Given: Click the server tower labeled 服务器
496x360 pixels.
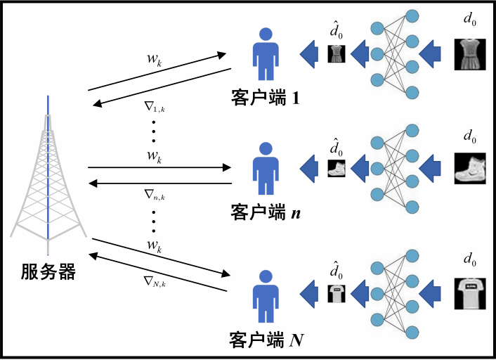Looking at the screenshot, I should click(x=48, y=176).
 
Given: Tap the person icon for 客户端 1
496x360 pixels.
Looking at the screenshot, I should click(x=266, y=55).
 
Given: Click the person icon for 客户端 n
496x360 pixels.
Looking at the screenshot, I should click(x=266, y=169).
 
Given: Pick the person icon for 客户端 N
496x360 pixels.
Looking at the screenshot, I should click(x=266, y=295).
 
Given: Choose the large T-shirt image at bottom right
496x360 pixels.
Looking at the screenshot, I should click(x=469, y=291).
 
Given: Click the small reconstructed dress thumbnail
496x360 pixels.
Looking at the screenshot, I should click(x=337, y=54).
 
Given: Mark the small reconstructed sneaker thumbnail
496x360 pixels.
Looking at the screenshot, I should click(x=337, y=168).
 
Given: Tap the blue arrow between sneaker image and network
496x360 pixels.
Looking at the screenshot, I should click(x=431, y=168).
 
